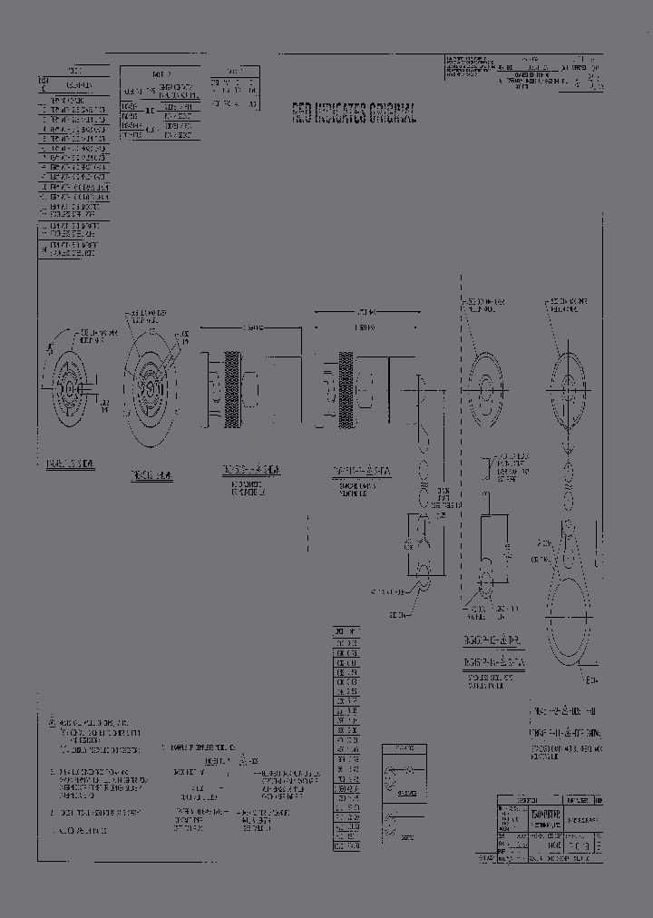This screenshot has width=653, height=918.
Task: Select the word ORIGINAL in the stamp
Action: [394, 112]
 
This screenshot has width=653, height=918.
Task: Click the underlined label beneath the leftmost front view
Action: [70, 464]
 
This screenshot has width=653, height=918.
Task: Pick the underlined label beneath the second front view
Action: [151, 474]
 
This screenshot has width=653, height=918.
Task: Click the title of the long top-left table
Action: [74, 69]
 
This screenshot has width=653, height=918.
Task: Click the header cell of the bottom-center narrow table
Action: [346, 630]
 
